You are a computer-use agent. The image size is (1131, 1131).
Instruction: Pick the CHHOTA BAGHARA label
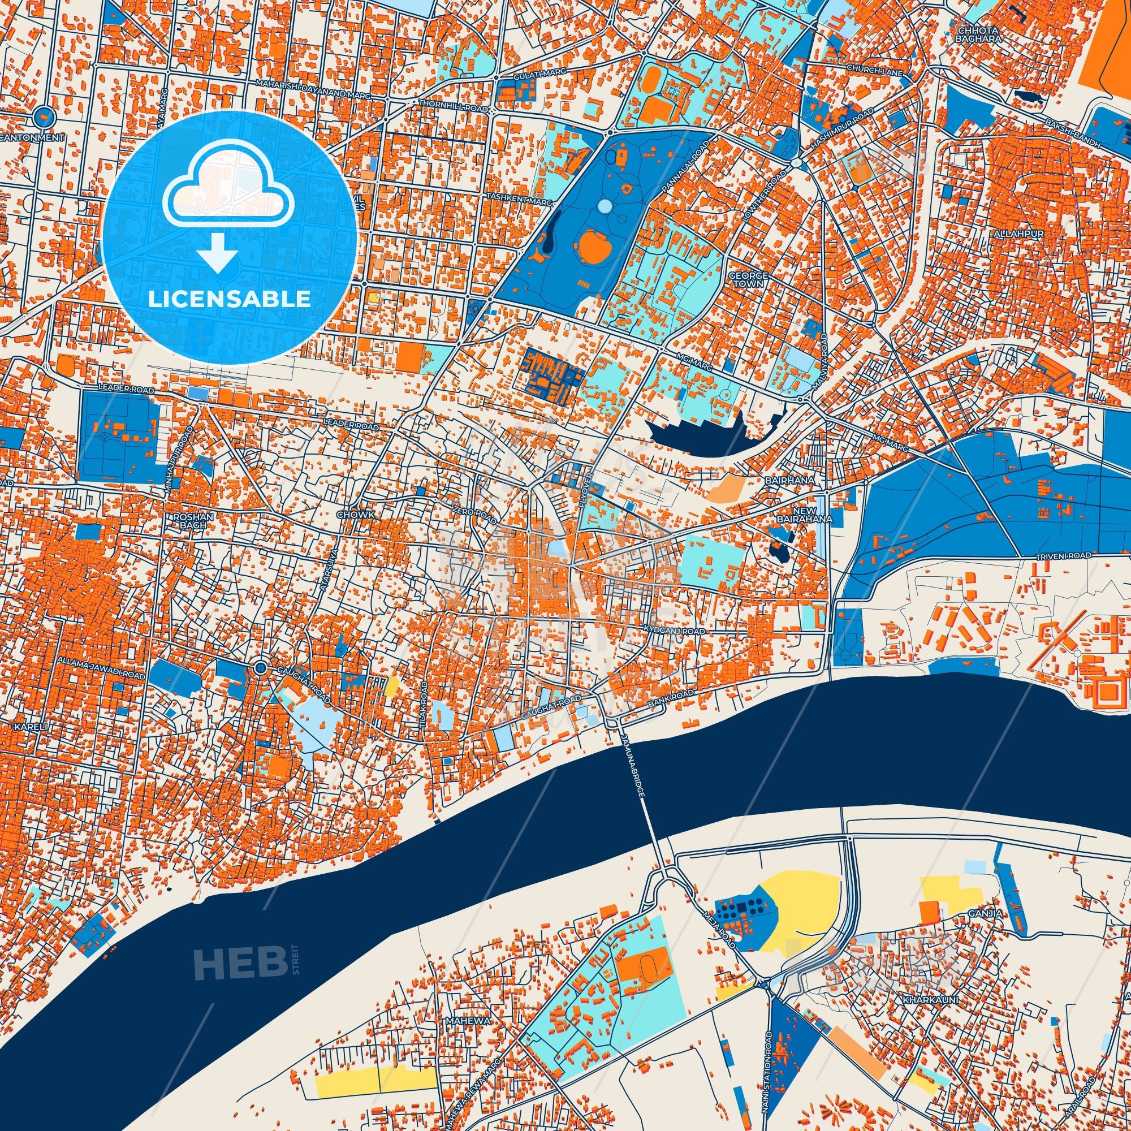click(973, 34)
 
